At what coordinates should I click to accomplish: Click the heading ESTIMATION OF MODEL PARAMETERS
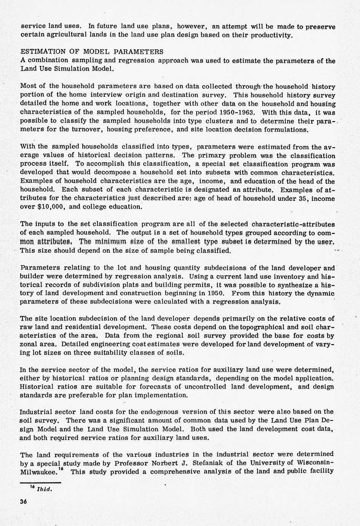(92, 51)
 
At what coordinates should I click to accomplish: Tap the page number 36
(24, 502)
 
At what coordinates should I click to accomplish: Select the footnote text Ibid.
(44, 489)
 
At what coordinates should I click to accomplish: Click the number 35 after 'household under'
(304, 198)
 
